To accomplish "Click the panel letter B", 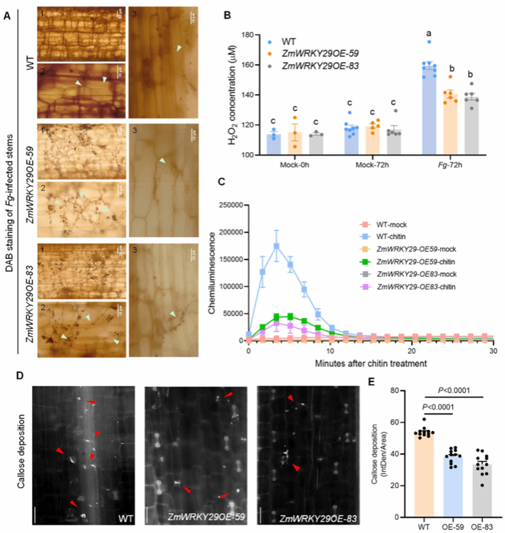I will pyautogui.click(x=246, y=12).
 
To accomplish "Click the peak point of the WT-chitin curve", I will pyautogui.click(x=276, y=245).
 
